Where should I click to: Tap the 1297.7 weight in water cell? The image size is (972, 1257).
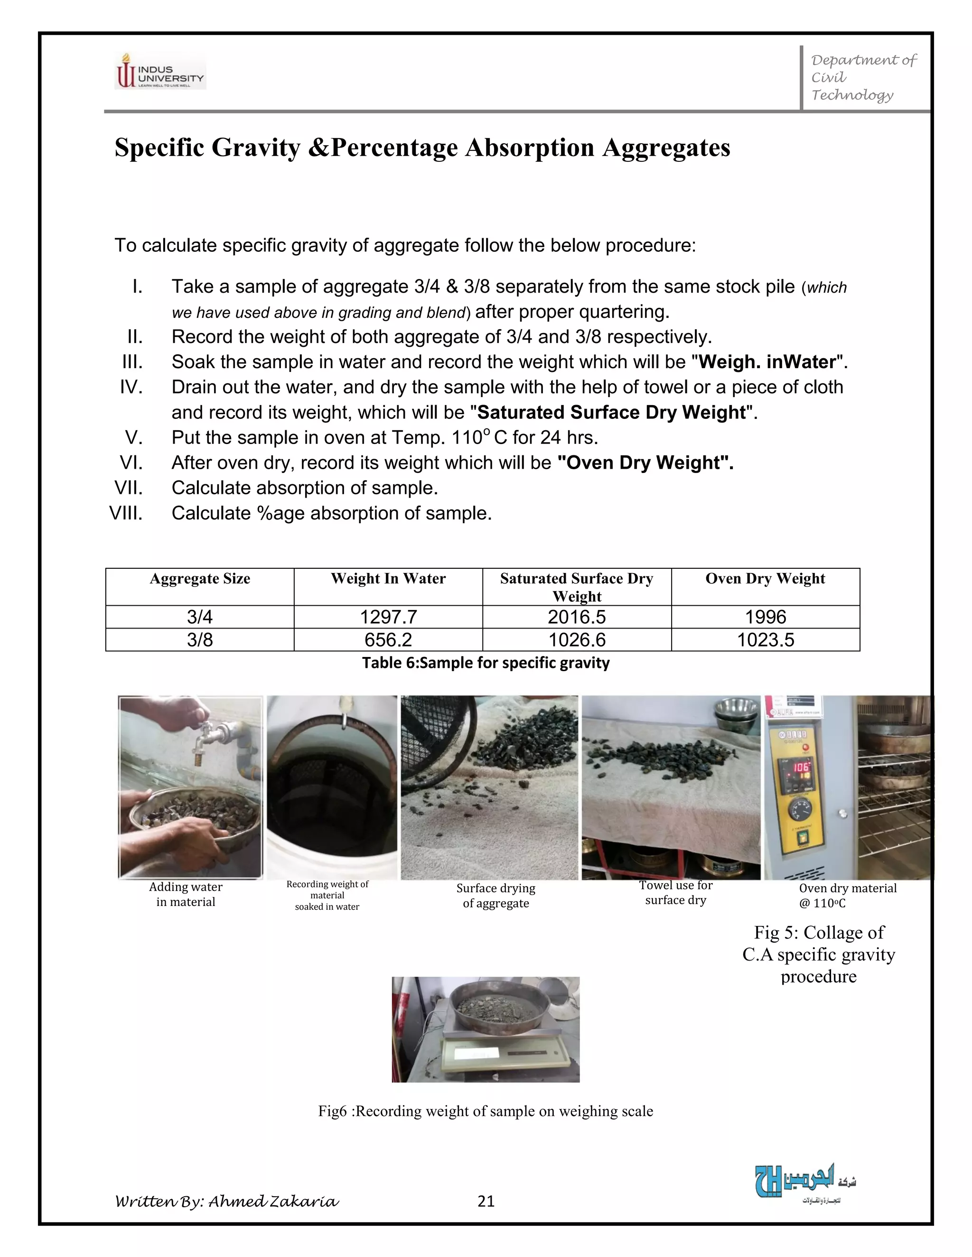click(x=388, y=617)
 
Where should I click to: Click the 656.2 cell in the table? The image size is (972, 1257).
click(x=388, y=640)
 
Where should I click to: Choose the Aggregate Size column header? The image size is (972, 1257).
click(x=200, y=579)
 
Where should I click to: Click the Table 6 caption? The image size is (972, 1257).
click(x=486, y=663)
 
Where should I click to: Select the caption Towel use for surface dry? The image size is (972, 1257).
click(x=675, y=893)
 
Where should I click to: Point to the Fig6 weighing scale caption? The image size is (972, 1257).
click(x=486, y=1111)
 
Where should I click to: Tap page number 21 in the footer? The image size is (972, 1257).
click(x=486, y=1201)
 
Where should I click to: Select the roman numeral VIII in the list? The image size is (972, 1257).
click(x=126, y=513)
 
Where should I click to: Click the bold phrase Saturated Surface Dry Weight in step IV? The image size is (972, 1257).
click(x=611, y=413)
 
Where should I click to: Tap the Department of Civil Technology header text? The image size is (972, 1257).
click(x=862, y=78)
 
